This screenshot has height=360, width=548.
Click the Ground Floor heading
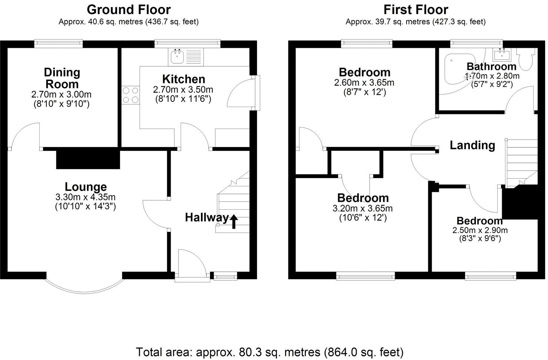(128, 9)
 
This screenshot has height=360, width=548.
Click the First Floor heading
(415, 9)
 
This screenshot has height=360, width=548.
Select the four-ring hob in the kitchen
(130, 94)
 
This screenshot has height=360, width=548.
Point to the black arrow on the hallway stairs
(234, 221)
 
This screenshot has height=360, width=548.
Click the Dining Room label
(62, 78)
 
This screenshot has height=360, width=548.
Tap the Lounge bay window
(84, 285)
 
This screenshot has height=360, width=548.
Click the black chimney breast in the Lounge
(88, 159)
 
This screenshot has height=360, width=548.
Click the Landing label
(472, 145)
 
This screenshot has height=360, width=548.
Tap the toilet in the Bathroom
(526, 59)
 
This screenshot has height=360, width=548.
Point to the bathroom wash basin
(502, 55)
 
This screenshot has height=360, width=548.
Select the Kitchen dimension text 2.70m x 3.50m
(183, 90)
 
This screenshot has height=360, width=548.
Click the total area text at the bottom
(270, 351)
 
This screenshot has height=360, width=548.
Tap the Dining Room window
(59, 44)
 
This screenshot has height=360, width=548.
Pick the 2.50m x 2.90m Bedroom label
(479, 221)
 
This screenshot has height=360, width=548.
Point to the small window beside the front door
(225, 276)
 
